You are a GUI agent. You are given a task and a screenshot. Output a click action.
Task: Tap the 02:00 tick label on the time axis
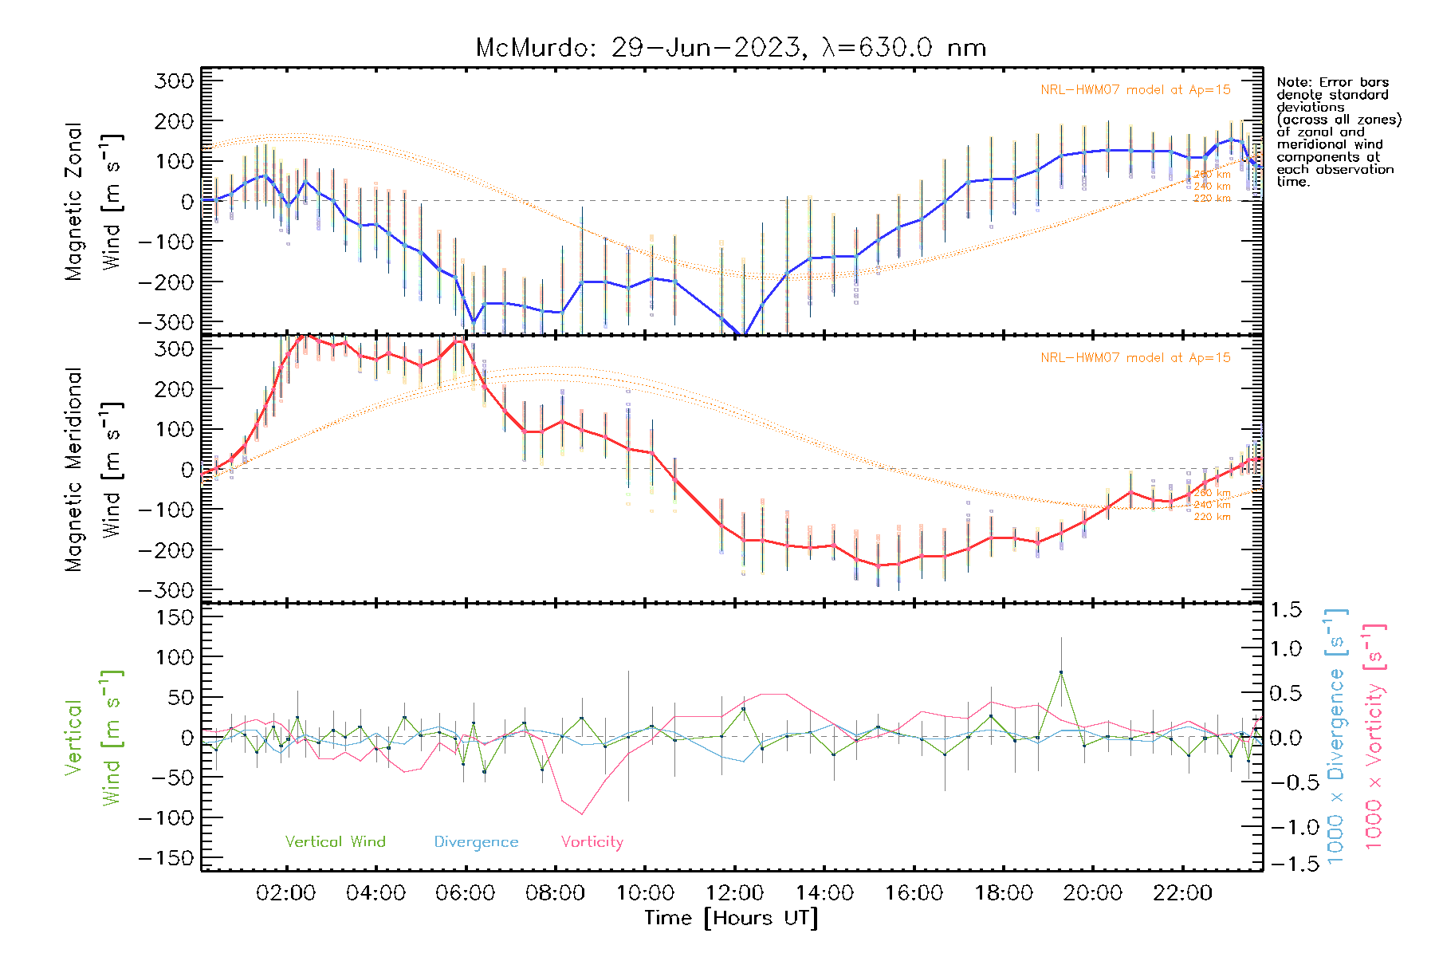click(285, 893)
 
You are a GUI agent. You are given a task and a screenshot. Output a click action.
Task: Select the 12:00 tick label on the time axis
click(734, 893)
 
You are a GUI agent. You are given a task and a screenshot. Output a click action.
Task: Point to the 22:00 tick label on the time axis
click(1182, 893)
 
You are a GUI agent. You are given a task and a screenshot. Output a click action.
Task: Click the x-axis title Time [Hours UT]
click(731, 919)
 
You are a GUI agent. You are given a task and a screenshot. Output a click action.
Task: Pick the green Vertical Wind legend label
click(335, 842)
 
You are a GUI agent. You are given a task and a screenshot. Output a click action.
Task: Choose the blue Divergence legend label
click(476, 842)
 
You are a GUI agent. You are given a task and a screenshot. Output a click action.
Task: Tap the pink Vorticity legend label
click(592, 842)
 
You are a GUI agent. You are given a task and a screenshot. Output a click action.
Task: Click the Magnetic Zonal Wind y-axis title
click(93, 201)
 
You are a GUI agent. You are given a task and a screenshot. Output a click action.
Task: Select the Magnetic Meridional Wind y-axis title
click(93, 469)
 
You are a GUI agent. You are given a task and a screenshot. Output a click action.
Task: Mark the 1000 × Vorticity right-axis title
click(1374, 736)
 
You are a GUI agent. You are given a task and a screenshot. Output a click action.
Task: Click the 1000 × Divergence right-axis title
click(1336, 736)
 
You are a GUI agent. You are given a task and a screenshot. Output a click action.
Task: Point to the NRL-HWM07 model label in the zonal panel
click(1135, 90)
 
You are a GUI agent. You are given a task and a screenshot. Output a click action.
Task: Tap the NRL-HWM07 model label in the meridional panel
click(1135, 358)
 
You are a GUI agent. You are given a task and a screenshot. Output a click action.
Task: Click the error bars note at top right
click(1338, 132)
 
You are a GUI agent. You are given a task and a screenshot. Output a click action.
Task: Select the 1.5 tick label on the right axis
click(1285, 610)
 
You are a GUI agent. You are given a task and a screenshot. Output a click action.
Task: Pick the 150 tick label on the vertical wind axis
click(175, 617)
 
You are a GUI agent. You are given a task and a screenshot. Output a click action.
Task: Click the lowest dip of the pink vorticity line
click(582, 814)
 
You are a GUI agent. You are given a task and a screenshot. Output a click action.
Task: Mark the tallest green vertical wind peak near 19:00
click(1060, 672)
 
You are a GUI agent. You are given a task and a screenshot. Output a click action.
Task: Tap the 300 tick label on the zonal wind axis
click(175, 81)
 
